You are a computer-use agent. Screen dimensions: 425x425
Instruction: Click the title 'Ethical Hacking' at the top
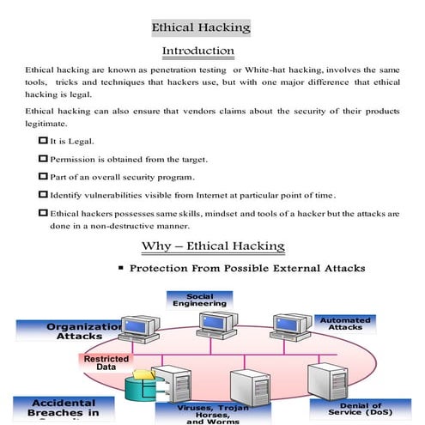(201, 27)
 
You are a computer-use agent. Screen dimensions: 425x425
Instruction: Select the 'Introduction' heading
(197, 52)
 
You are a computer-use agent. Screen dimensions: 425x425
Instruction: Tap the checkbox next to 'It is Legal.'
(43, 139)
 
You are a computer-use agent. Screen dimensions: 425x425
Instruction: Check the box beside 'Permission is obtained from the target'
(43, 158)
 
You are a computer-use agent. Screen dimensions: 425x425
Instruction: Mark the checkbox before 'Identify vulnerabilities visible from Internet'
(43, 195)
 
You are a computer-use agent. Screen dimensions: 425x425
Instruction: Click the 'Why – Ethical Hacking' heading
(212, 247)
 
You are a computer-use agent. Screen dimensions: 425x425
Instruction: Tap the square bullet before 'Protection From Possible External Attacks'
(120, 269)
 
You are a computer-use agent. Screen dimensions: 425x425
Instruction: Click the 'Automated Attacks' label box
(344, 325)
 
